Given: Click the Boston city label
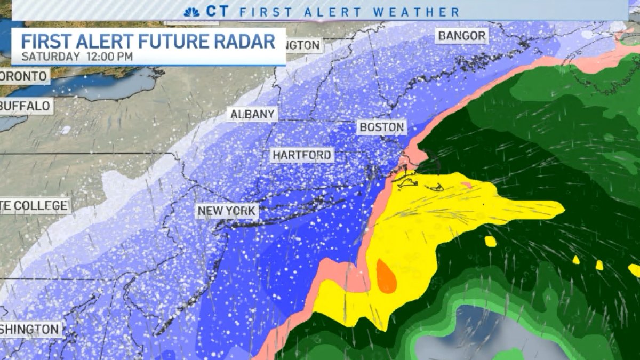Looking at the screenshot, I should [381, 127].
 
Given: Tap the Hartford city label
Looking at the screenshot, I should [302, 155].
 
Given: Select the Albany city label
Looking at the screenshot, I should [252, 114].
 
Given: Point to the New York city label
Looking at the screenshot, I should [227, 211].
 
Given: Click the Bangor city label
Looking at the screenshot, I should [462, 36].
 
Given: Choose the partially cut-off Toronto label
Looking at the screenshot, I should [23, 76].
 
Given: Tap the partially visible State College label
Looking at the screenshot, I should [34, 205].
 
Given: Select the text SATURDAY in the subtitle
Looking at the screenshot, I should [50, 56].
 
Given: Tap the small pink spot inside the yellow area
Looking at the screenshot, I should [466, 185].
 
